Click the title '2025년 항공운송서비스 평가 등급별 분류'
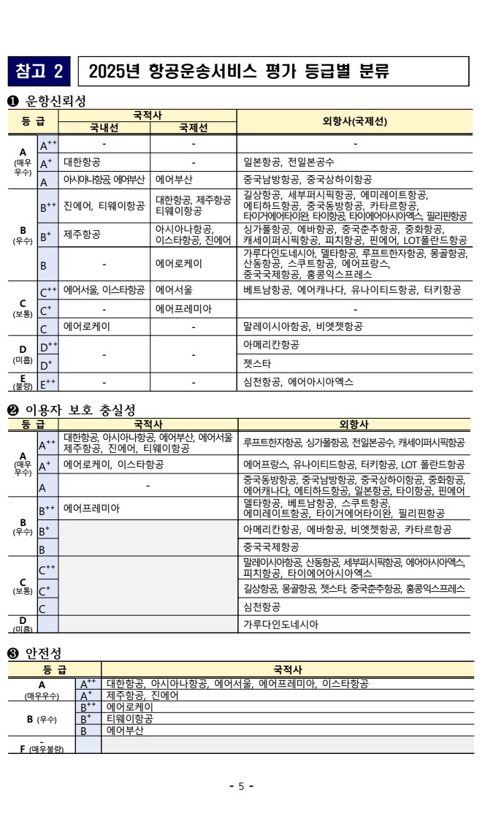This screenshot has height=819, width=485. coord(238,72)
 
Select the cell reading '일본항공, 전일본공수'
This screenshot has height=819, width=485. coord(289,162)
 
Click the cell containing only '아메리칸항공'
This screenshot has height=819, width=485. coord(271,343)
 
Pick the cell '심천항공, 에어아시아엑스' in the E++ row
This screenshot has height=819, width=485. coord(298,381)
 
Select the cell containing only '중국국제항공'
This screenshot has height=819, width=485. coord(271,546)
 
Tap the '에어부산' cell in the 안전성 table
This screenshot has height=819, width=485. coord(125,730)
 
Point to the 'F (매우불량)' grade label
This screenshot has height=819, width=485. coord(42,747)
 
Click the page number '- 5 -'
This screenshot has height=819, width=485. coord(241,787)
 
